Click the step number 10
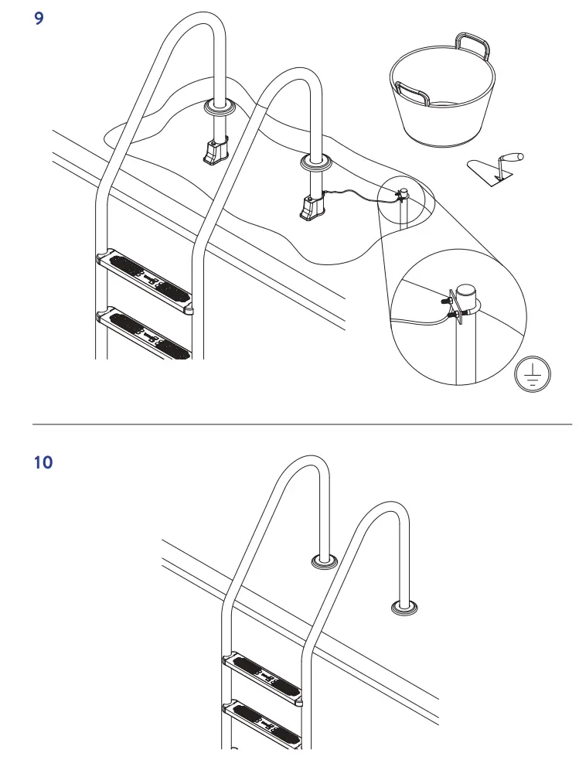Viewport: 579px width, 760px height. pos(43,463)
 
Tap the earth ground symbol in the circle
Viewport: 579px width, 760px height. pos(533,376)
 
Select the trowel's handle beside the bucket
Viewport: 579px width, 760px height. pos(509,158)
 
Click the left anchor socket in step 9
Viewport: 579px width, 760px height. pos(216,150)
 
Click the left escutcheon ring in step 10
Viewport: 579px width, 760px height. pos(323,561)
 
